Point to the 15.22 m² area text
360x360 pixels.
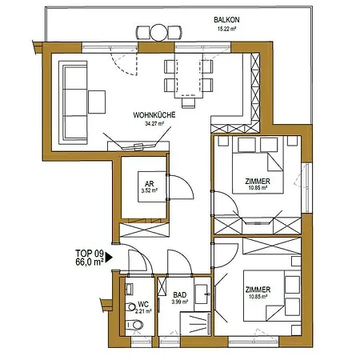coord(229,28)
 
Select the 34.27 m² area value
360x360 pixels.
coord(154,125)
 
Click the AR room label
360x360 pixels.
coord(146,182)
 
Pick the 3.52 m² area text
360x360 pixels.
coord(146,191)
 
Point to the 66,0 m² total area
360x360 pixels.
coord(90,261)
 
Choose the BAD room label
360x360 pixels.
coord(178,293)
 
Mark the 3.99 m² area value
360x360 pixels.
coord(178,302)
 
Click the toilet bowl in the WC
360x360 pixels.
coord(138,324)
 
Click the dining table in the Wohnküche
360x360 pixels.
coord(190,77)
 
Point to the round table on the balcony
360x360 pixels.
coord(160,33)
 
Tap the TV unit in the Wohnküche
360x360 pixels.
coord(141,146)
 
